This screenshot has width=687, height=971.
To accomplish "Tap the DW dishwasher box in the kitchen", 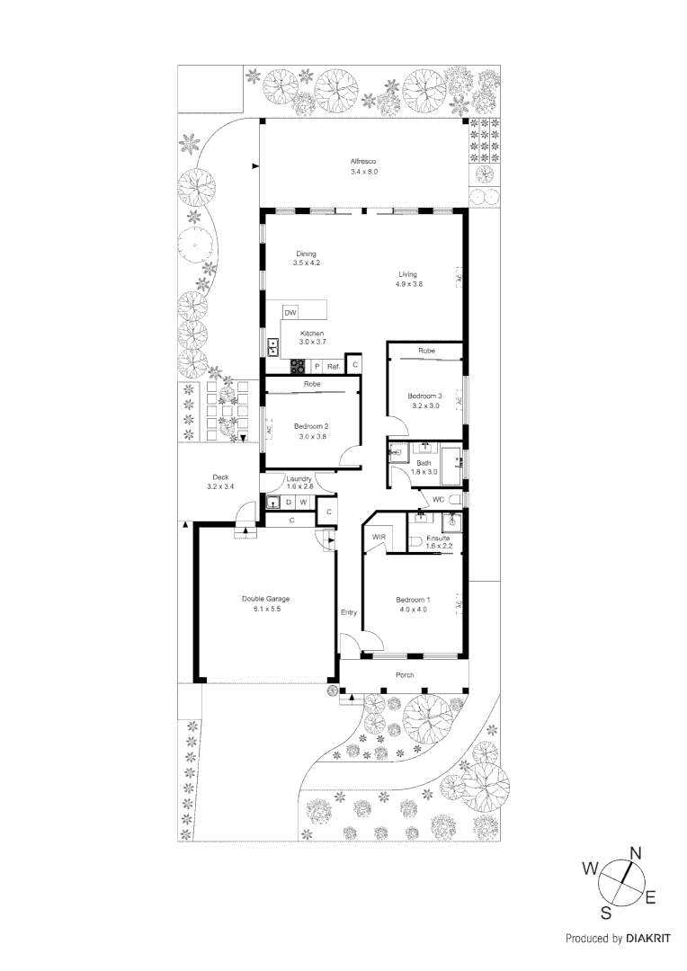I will coord(290,312).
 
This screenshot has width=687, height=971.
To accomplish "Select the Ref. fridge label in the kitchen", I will coord(333,366).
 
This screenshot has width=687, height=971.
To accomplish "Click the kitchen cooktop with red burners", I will coord(297,366).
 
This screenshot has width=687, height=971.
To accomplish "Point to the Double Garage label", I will coord(265,599).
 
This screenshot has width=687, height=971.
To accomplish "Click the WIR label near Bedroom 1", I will coord(379,538).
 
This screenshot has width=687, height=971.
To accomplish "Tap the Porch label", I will coord(404,674).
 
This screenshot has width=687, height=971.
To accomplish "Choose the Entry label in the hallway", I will coord(348,613).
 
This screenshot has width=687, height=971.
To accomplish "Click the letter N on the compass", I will coord(634,853).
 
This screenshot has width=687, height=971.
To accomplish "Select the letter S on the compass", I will coord(606,913).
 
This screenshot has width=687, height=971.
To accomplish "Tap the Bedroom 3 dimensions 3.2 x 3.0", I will coord(424,406).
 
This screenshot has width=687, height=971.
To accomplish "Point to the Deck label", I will coord(220,477).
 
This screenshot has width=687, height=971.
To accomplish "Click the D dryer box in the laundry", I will coord(289,502).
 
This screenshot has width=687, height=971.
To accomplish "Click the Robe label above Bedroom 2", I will coord(312,384).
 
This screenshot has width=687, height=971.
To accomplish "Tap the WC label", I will coord(439,499).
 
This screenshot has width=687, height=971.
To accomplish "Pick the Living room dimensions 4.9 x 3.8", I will coord(408,284).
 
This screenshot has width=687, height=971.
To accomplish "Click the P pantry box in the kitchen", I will coord(317,366).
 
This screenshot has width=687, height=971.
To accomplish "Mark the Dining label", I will coord(306,254).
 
